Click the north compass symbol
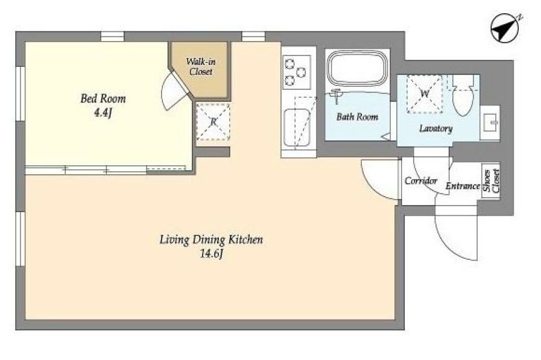505,28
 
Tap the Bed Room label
103,99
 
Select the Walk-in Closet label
201,66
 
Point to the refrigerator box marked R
214,121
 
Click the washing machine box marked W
425,94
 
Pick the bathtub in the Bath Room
358,68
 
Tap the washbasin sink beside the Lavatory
490,122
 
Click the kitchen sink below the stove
297,128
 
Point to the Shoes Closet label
492,180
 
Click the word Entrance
463,186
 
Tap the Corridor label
421,181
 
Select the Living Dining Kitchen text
211,239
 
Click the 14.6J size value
212,254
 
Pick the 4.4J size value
103,113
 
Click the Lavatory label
436,128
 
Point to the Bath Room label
357,117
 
